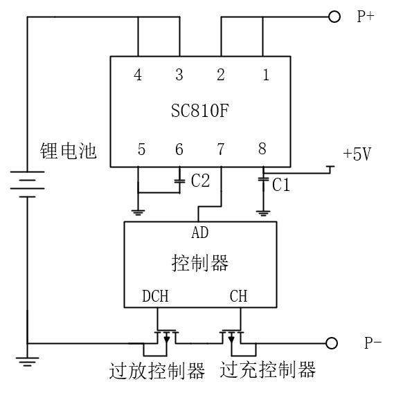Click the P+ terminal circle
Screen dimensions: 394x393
tap(334, 17)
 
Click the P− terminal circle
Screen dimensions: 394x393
tap(332, 343)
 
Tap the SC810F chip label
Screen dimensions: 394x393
tap(200, 111)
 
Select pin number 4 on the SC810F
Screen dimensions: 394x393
tap(138, 75)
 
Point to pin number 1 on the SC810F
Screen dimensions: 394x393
tap(266, 75)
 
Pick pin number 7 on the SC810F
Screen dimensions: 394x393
tap(221, 149)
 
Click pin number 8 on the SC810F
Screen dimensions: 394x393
tap(262, 148)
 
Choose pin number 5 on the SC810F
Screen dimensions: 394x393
tap(141, 149)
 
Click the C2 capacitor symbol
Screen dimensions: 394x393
tap(179, 181)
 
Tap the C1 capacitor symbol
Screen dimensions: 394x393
tap(263, 180)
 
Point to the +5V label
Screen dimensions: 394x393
tap(357, 154)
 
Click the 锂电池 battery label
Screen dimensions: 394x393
tap(68, 151)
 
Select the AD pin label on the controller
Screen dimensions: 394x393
tap(200, 232)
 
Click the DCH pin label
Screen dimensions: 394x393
tap(155, 296)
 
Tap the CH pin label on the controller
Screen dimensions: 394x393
tap(238, 296)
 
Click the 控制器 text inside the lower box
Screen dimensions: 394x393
tap(200, 263)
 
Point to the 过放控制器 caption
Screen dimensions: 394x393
tap(157, 371)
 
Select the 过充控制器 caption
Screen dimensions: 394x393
tap(268, 369)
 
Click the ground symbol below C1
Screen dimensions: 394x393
tap(263, 213)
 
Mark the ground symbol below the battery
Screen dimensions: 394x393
tap(28, 362)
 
